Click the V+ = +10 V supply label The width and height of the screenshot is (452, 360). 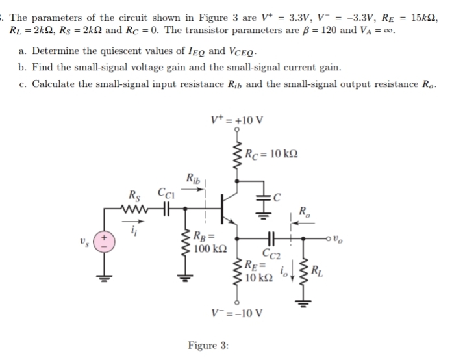point(238,120)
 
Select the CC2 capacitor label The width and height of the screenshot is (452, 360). point(271,254)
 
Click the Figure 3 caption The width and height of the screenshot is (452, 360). point(207,346)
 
